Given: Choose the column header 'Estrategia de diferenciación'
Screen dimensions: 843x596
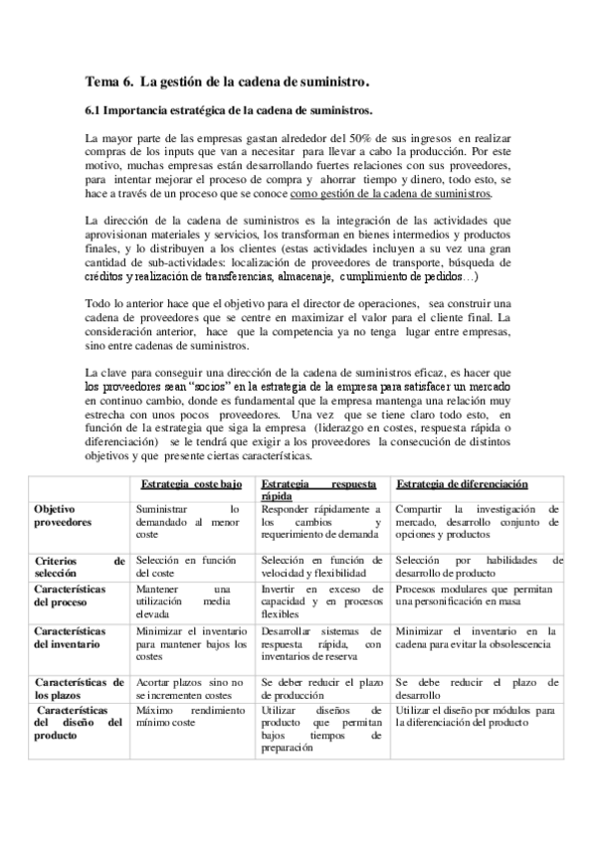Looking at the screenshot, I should (462, 483).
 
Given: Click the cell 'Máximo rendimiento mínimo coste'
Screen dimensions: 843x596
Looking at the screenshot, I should (189, 719).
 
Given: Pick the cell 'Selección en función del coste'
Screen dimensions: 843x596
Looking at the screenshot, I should (189, 567).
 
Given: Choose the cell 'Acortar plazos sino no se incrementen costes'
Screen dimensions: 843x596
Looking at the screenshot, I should (189, 688).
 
